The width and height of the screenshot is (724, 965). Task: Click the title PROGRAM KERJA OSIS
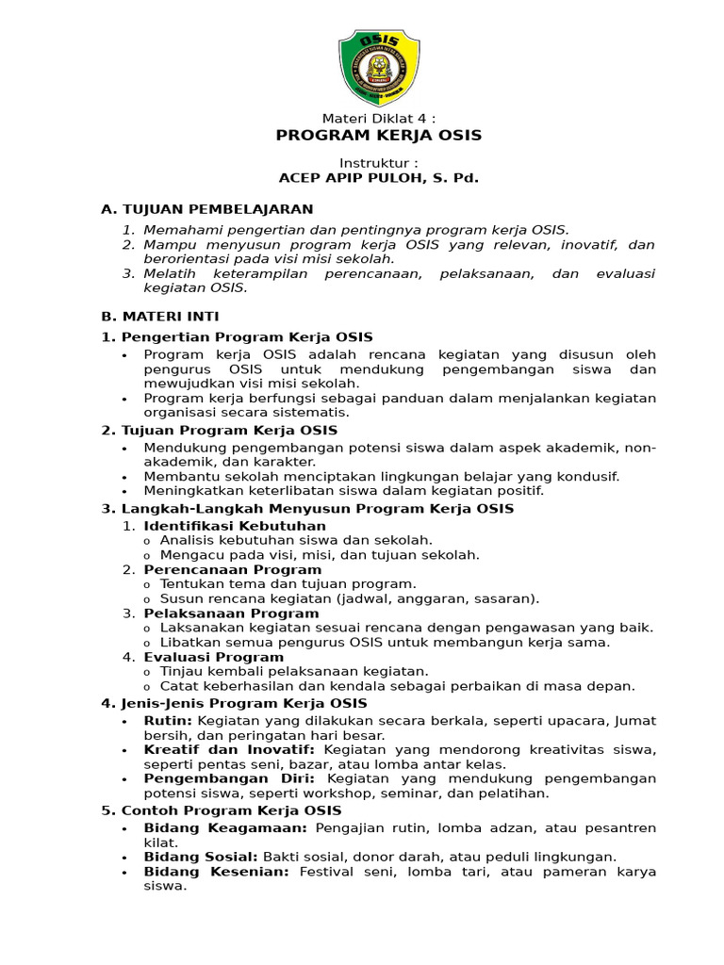pyautogui.click(x=378, y=136)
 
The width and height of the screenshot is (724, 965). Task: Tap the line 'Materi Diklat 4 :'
pyautogui.click(x=379, y=118)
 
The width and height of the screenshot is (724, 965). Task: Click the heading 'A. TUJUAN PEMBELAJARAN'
pyautogui.click(x=206, y=209)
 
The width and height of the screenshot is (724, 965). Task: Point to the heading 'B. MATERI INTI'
pyautogui.click(x=159, y=317)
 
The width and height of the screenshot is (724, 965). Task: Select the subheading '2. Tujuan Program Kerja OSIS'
pyautogui.click(x=219, y=431)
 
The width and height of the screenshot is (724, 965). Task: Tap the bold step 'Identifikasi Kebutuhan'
pyautogui.click(x=235, y=526)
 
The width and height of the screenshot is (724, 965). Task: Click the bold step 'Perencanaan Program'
pyautogui.click(x=232, y=569)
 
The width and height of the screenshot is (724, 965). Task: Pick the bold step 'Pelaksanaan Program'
pyautogui.click(x=231, y=613)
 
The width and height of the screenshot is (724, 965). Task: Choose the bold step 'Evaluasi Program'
pyautogui.click(x=213, y=657)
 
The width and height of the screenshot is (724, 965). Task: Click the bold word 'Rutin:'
pyautogui.click(x=168, y=721)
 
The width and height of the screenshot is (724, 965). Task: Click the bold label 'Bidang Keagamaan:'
pyautogui.click(x=225, y=828)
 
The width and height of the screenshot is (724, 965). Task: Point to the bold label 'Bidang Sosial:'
pyautogui.click(x=201, y=858)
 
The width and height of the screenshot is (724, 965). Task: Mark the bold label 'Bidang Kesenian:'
pyautogui.click(x=216, y=873)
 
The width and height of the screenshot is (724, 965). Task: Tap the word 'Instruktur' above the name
pyautogui.click(x=378, y=163)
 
